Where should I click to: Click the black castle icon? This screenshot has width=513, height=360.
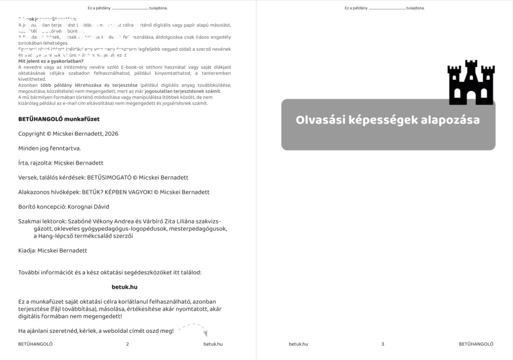(471, 83)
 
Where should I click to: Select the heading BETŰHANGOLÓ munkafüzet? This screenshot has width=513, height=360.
(59, 119)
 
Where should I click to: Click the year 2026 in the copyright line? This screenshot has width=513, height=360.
(112, 134)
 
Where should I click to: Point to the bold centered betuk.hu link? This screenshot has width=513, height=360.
(124, 287)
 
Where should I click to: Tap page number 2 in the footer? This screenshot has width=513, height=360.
(128, 344)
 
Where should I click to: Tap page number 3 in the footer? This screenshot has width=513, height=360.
(383, 344)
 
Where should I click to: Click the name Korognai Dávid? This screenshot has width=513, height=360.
(88, 207)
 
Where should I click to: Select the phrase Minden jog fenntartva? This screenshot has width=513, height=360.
(49, 148)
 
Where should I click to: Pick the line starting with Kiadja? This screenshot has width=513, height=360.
(53, 251)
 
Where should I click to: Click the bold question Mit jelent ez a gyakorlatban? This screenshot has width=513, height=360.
(51, 61)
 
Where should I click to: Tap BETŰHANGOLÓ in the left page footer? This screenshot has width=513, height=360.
(35, 344)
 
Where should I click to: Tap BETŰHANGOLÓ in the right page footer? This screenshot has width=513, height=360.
(476, 344)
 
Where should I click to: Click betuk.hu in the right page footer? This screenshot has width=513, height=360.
(299, 344)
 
